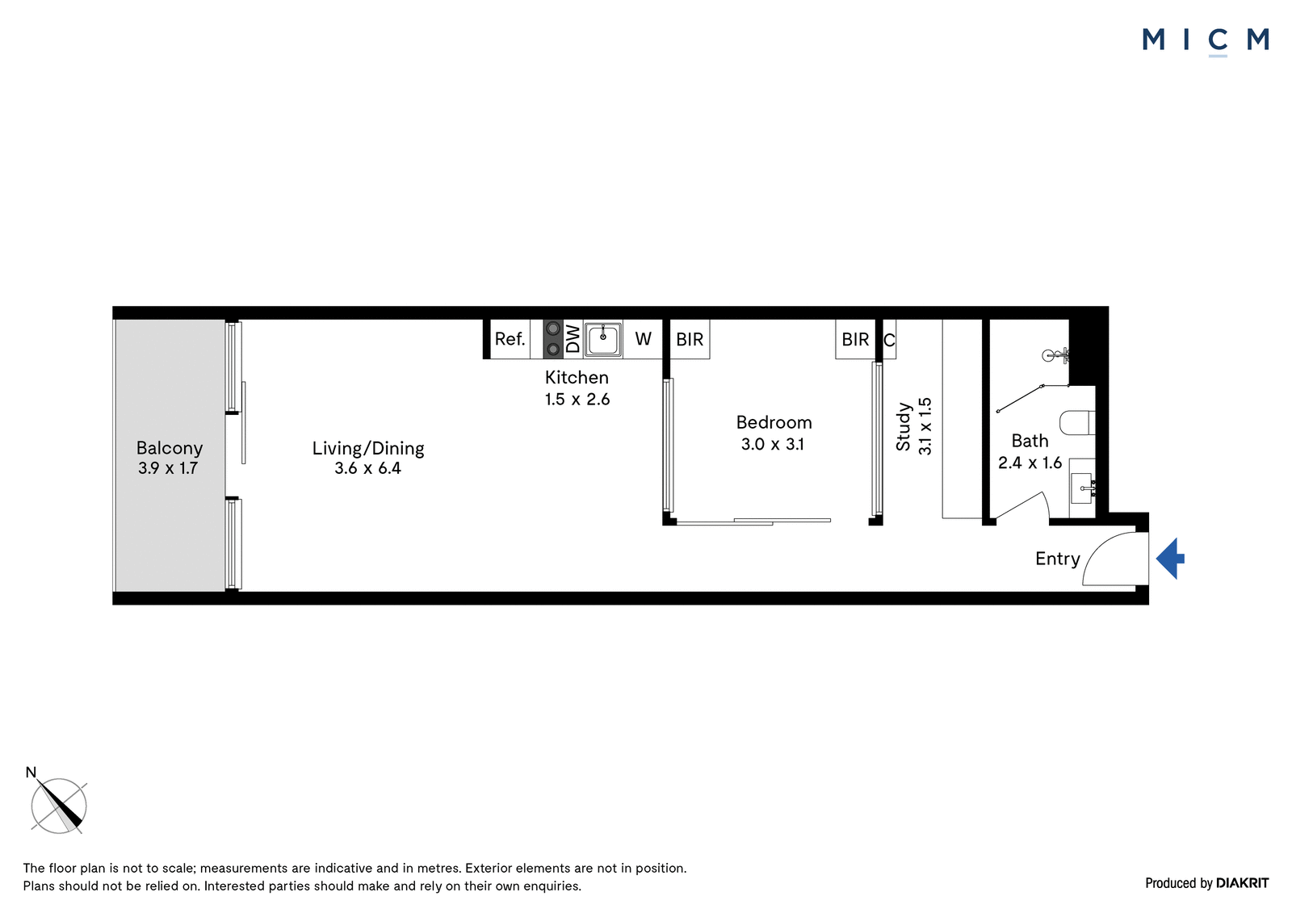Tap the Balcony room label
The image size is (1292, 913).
click(x=169, y=448)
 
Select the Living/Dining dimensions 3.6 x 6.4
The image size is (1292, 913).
click(x=367, y=467)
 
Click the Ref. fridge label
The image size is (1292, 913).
click(x=510, y=338)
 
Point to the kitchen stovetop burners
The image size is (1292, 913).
click(x=553, y=339)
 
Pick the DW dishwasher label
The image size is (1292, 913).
click(x=573, y=338)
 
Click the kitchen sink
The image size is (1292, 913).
click(x=603, y=339)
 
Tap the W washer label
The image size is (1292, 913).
click(x=643, y=338)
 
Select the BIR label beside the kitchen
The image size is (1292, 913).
click(x=690, y=339)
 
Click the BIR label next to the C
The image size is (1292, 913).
click(x=855, y=339)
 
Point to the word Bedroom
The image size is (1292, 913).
click(x=774, y=423)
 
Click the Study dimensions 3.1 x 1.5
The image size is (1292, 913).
click(x=925, y=426)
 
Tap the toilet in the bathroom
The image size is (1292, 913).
click(x=1077, y=422)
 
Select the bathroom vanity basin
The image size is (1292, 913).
click(x=1083, y=488)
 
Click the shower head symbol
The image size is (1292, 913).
click(x=1055, y=355)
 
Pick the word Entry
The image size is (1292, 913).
click(x=1057, y=559)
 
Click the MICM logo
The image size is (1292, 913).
click(x=1206, y=40)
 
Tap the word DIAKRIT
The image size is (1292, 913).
click(x=1243, y=883)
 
